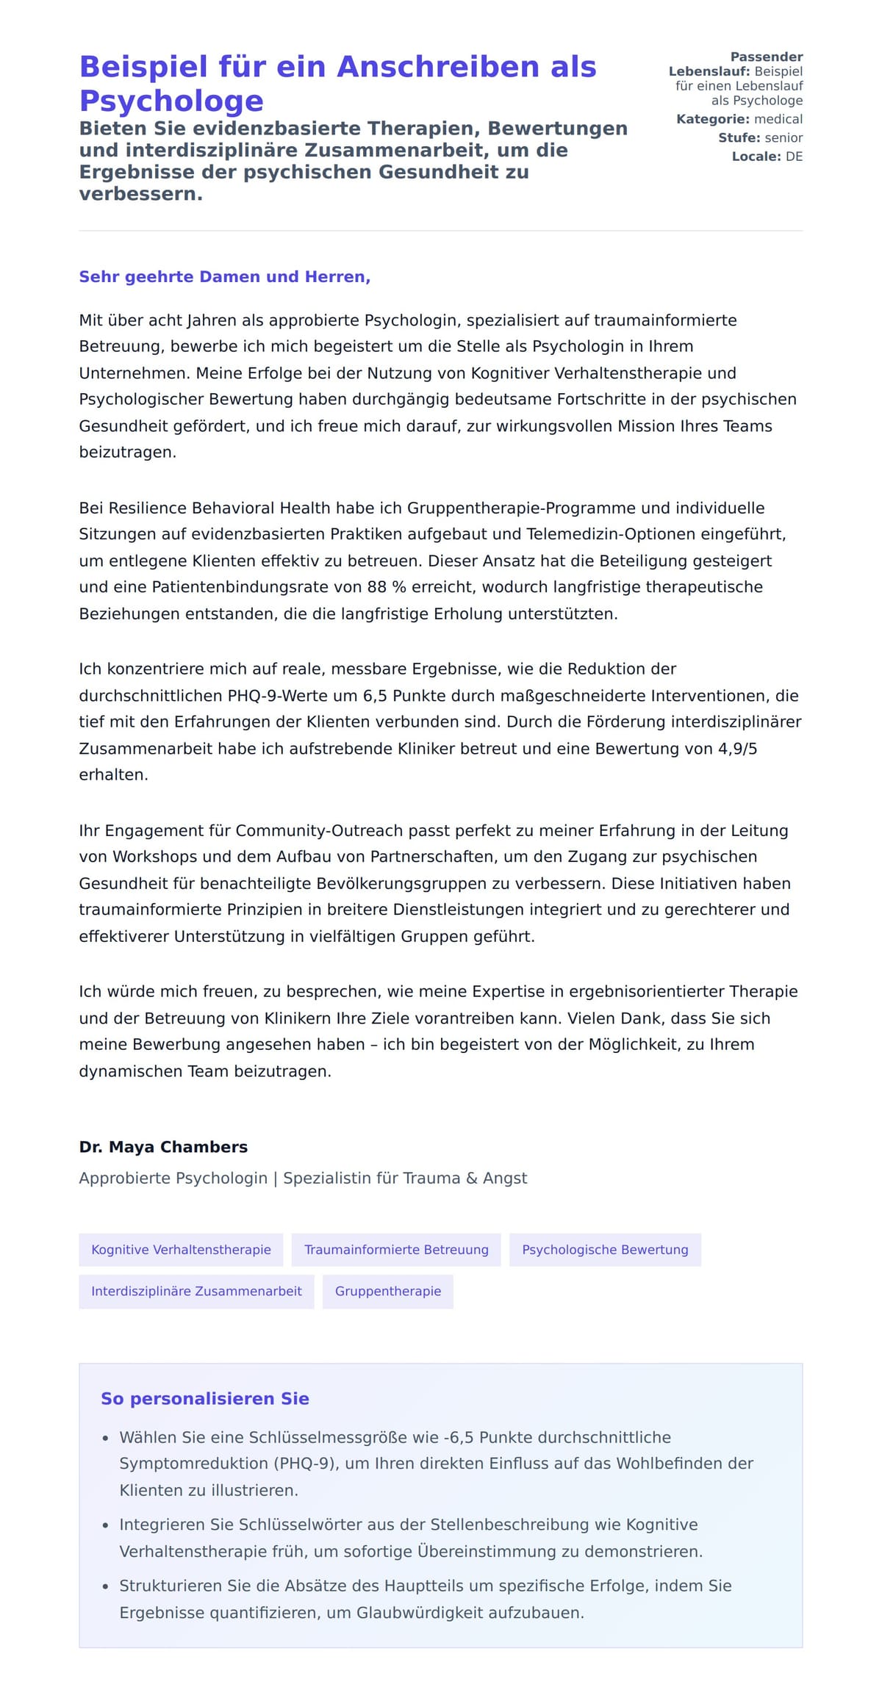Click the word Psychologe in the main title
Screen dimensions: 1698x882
[x=171, y=101]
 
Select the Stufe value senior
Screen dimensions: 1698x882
[x=784, y=137]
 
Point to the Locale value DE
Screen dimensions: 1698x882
[x=794, y=157]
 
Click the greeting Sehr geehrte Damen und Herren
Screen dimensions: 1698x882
[x=224, y=277]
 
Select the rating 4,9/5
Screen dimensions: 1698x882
[x=737, y=749]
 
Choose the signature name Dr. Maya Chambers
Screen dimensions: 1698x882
[x=163, y=1147]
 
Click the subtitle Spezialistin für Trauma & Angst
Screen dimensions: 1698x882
[x=405, y=1179]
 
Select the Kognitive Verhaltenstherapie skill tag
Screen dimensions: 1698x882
[x=181, y=1250]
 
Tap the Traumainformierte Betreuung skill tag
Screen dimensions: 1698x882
[x=396, y=1250]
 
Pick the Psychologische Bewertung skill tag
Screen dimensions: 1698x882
[x=605, y=1250]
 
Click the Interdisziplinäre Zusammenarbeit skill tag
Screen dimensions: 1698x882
[x=196, y=1292]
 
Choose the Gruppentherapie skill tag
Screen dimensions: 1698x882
[x=388, y=1292]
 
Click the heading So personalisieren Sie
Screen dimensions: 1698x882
[x=205, y=1399]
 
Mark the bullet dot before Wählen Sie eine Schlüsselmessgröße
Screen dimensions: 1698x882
[x=106, y=1438]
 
